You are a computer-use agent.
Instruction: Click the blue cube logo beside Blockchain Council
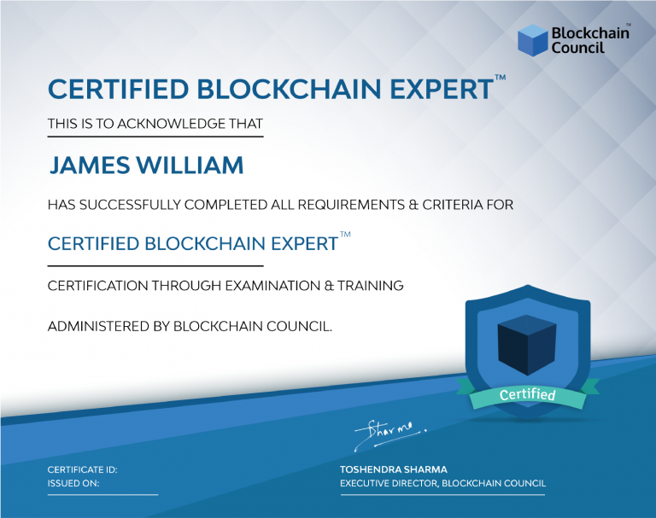click(533, 40)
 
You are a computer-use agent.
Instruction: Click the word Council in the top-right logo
click(577, 48)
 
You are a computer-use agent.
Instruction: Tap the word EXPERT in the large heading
click(442, 89)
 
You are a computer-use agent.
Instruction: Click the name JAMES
click(90, 165)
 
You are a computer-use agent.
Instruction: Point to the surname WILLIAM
click(190, 165)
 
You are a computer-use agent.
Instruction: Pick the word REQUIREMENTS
click(351, 205)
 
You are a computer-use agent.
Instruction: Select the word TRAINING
click(371, 286)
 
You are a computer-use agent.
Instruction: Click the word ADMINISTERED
click(98, 326)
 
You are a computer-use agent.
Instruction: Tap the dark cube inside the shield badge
click(527, 345)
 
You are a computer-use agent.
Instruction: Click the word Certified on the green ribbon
click(527, 394)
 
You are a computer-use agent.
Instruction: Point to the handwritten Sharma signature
click(390, 434)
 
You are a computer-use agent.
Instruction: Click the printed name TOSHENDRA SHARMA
click(394, 469)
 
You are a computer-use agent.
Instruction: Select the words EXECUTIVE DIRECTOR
click(389, 483)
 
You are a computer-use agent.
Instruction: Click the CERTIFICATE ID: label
click(82, 469)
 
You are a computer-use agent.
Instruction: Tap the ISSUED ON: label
click(73, 483)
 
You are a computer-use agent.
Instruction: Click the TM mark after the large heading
click(501, 77)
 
